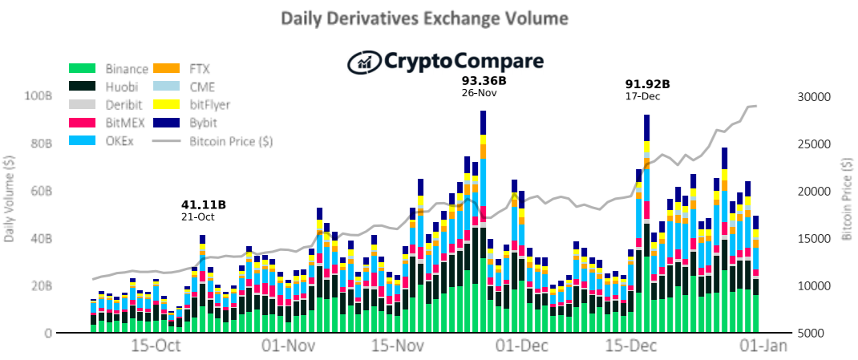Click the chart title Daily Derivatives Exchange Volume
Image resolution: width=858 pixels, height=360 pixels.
point(424,18)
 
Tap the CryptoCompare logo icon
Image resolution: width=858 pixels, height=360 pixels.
point(365,61)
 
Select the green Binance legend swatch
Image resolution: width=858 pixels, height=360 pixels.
point(83,69)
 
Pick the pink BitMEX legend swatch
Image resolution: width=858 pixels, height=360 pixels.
point(83,123)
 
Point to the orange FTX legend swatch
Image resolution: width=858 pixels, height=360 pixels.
point(166,69)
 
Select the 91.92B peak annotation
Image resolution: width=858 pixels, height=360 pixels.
point(647,85)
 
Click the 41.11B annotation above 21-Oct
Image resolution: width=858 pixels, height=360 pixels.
point(204,205)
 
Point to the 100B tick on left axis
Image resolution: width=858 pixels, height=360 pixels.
point(38,97)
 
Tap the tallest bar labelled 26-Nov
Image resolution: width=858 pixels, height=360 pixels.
point(484,222)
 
